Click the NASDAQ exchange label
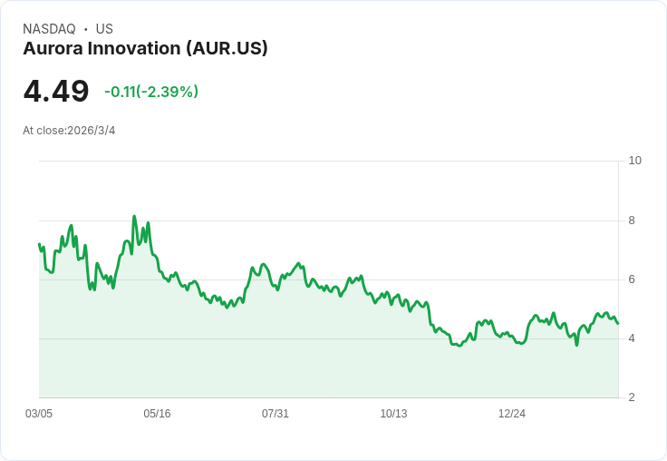coord(49,29)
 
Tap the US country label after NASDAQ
coord(104,29)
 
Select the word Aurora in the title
coord(53,49)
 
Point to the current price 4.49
coord(56,92)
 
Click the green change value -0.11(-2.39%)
coord(151,92)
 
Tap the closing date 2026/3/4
coord(92,131)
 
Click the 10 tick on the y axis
coord(634,161)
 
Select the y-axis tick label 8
coord(632,220)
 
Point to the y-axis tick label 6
coord(632,280)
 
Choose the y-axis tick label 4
coord(632,338)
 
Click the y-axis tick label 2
coord(632,397)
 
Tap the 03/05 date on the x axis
coord(39,414)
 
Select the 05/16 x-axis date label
coord(157,414)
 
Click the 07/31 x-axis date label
coord(275,414)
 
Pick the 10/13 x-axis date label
coord(393,414)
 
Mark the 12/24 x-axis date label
coord(512,414)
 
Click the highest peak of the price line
coord(134,217)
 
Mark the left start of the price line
coord(39,244)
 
